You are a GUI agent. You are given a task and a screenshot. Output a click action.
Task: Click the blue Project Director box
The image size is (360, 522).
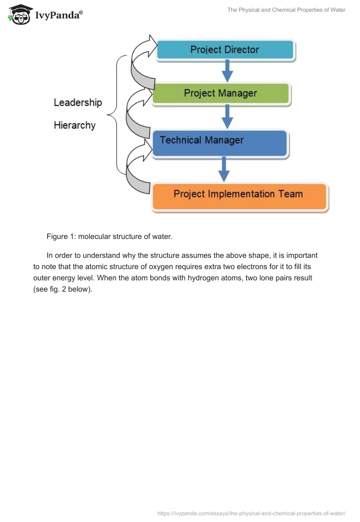[225, 49]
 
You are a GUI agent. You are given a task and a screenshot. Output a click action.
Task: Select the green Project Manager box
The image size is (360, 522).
[220, 94]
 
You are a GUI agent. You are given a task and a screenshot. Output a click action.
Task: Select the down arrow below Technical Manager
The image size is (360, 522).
[224, 169]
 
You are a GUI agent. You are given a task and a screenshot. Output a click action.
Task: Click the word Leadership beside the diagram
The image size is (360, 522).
[78, 103]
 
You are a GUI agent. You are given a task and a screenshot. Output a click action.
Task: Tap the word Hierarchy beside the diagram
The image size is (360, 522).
[75, 125]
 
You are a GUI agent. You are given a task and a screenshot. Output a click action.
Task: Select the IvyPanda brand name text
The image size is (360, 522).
[58, 15]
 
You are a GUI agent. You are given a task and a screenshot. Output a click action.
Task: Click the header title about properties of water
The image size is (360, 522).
[286, 10]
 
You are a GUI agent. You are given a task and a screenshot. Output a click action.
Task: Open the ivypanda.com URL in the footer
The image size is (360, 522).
[251, 513]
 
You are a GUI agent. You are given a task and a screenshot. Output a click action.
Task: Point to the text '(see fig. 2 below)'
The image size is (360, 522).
[63, 289]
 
